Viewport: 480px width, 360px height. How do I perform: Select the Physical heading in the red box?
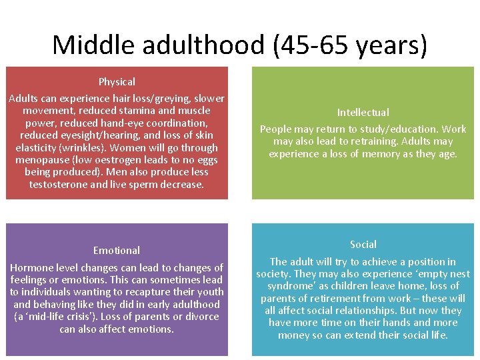click(x=117, y=82)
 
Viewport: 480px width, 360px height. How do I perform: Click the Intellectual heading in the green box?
click(x=363, y=113)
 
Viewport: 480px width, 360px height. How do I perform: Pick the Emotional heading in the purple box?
click(x=117, y=251)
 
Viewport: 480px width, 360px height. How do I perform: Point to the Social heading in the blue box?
click(x=363, y=245)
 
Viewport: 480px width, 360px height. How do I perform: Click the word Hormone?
click(x=31, y=268)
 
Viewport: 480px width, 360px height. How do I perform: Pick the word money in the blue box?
click(x=293, y=335)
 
